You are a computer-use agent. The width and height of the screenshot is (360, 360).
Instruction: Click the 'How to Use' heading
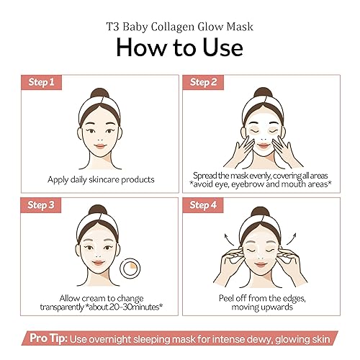180,45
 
